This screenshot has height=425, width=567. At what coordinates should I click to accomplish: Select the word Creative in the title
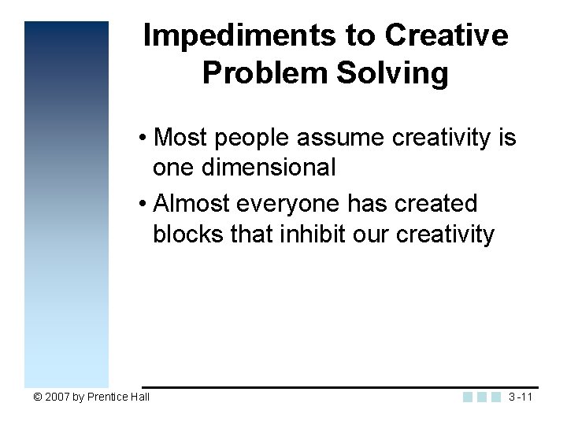click(446, 36)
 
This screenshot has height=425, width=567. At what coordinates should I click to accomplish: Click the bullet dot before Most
click(143, 139)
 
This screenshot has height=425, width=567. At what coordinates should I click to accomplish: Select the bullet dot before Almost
click(143, 205)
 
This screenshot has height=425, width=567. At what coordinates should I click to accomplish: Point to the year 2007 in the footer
click(57, 397)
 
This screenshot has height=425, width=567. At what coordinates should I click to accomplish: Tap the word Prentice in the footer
click(107, 397)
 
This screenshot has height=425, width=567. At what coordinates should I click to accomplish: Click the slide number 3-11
click(521, 397)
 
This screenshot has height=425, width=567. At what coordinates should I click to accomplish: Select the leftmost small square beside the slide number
click(468, 397)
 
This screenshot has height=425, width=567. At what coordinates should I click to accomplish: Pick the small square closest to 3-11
click(495, 397)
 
